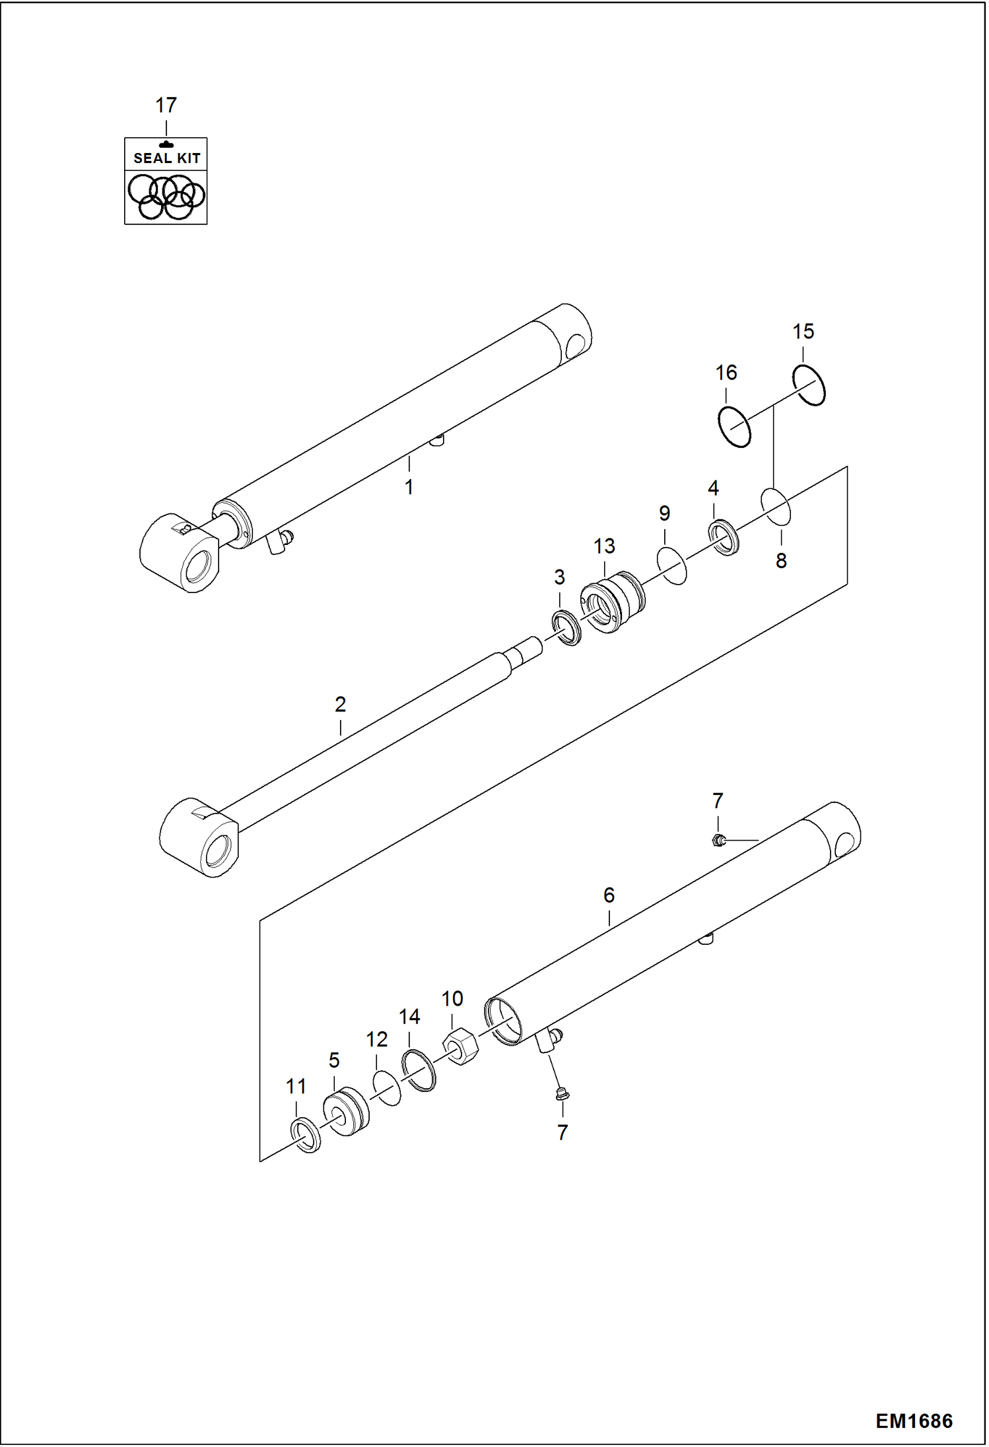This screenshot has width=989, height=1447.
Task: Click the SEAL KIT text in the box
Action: pyautogui.click(x=166, y=158)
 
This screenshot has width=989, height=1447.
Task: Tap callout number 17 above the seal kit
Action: pyautogui.click(x=166, y=105)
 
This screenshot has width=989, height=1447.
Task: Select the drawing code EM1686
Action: pyautogui.click(x=914, y=1421)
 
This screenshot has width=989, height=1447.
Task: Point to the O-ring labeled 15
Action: pyautogui.click(x=809, y=385)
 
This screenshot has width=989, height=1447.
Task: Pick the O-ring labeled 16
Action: pyautogui.click(x=734, y=427)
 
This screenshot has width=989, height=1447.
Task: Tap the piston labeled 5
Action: pyautogui.click(x=346, y=1114)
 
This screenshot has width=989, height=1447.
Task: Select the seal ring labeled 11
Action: pyautogui.click(x=305, y=1136)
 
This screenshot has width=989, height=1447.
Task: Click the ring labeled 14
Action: pyautogui.click(x=419, y=1070)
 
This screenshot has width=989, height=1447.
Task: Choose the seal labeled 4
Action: pyautogui.click(x=724, y=537)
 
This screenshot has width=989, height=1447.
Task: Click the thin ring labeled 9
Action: pyautogui.click(x=671, y=565)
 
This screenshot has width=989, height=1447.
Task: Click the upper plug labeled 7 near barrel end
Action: pyautogui.click(x=719, y=840)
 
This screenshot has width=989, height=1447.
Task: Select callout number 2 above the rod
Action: pyautogui.click(x=340, y=704)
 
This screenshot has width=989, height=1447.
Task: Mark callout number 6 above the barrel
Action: pyautogui.click(x=609, y=895)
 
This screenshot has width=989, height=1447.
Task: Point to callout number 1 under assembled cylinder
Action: pyautogui.click(x=409, y=487)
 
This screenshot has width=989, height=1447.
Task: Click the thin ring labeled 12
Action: pyautogui.click(x=386, y=1088)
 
